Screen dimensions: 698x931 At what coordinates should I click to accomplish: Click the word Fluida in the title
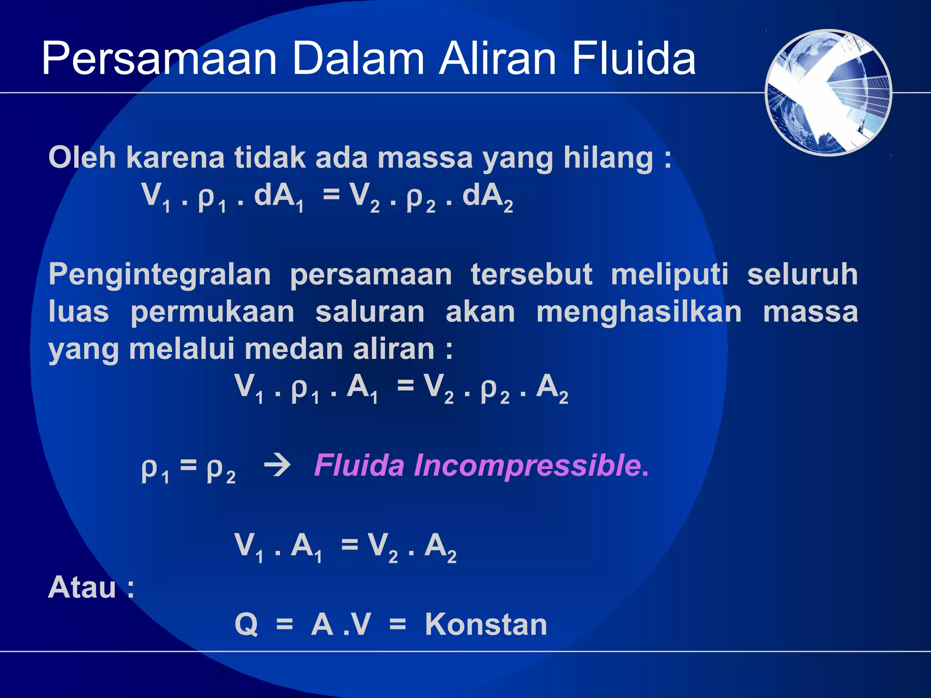634,58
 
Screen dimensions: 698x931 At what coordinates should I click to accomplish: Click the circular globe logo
828,93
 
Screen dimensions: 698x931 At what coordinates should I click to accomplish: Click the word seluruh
802,274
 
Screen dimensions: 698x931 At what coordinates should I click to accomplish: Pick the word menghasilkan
639,313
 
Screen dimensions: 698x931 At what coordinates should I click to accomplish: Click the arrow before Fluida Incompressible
277,466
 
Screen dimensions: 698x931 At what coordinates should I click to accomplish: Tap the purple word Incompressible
527,466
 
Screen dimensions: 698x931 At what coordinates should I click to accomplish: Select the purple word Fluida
359,465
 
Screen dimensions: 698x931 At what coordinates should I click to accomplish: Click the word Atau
82,588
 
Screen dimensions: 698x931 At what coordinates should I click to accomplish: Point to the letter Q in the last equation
246,625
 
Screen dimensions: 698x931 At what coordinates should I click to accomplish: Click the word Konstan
486,624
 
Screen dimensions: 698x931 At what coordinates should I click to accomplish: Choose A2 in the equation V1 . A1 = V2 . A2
439,547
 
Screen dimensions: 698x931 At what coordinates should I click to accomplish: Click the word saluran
370,312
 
